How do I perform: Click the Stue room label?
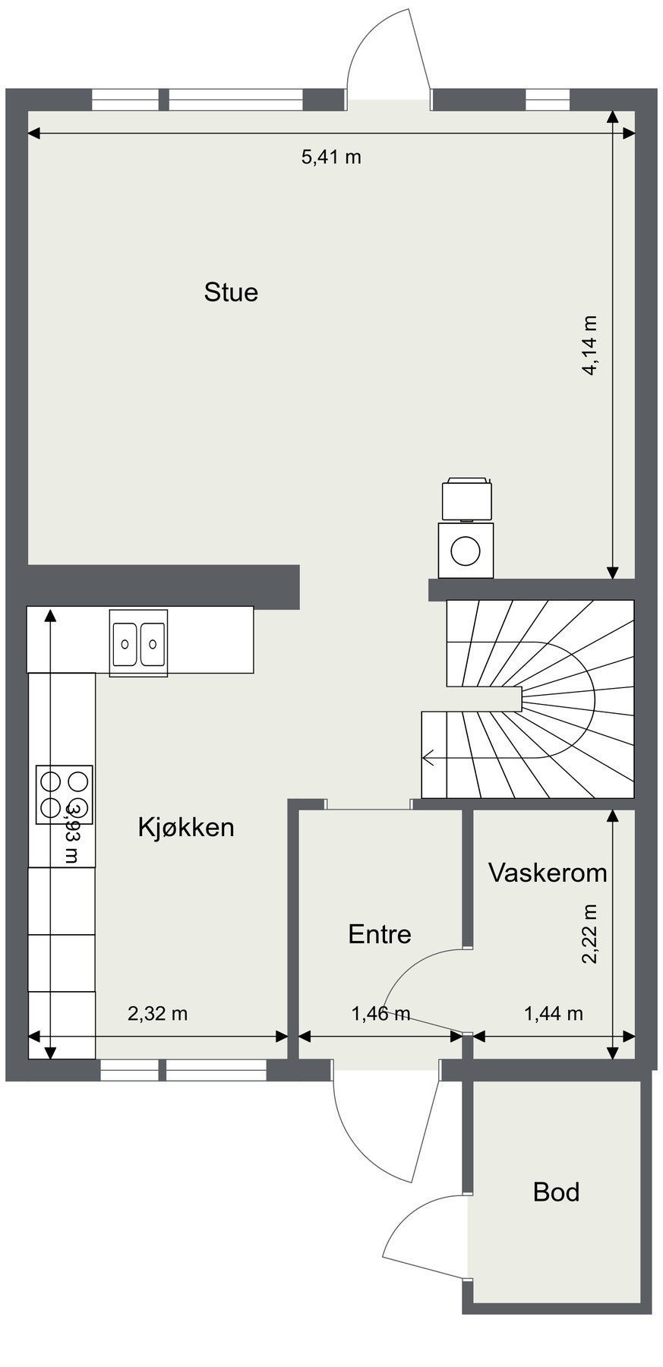pyautogui.click(x=231, y=292)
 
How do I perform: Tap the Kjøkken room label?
pyautogui.click(x=186, y=827)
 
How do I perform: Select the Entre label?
pyautogui.click(x=379, y=934)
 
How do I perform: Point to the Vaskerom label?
pyautogui.click(x=547, y=873)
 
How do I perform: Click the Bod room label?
pyautogui.click(x=556, y=1192)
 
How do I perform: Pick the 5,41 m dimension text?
pyautogui.click(x=331, y=157)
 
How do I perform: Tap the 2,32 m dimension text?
pyautogui.click(x=157, y=1013)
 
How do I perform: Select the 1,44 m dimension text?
pyautogui.click(x=554, y=1013)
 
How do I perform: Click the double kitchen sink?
pyautogui.click(x=138, y=642)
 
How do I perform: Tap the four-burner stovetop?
pyautogui.click(x=65, y=794)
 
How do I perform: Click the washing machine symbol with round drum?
pyautogui.click(x=466, y=550)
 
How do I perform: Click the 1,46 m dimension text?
pyautogui.click(x=380, y=1013)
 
